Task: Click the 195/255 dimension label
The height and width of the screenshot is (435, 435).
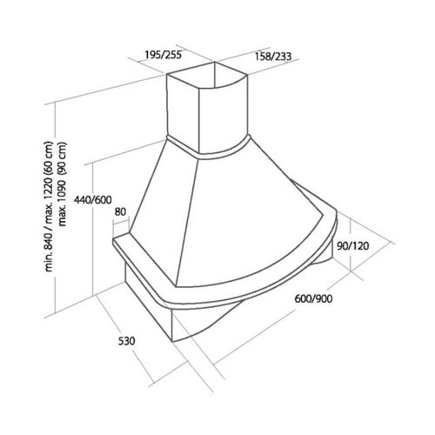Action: (x=164, y=54)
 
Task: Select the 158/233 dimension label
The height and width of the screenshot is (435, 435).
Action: (x=273, y=57)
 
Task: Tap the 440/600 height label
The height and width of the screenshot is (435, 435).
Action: (x=93, y=200)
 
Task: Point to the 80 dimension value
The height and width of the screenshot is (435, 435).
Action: (x=120, y=212)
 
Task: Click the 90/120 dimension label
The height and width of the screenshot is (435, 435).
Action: (x=353, y=246)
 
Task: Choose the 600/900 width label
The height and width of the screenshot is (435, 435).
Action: (x=313, y=298)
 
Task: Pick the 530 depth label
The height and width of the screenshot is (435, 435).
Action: (x=127, y=341)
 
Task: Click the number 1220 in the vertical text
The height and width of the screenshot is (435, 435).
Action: (x=49, y=189)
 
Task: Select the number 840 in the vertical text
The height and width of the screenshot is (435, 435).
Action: (x=49, y=240)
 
